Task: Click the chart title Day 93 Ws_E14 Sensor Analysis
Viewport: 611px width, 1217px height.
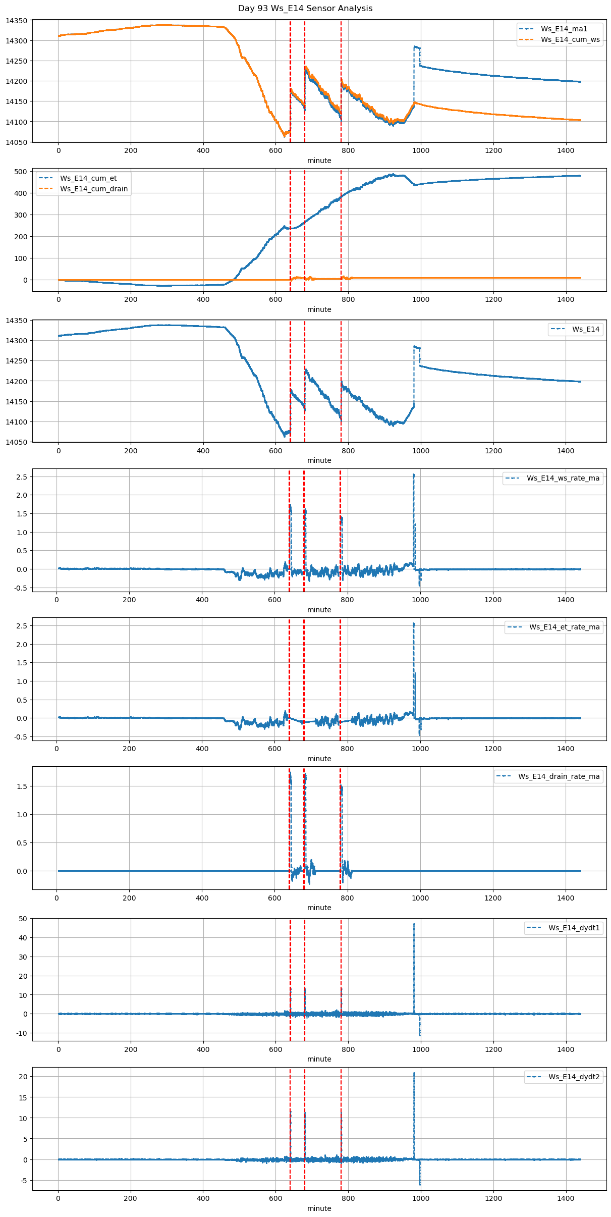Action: [305, 9]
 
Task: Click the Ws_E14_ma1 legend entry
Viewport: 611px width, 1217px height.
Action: [564, 29]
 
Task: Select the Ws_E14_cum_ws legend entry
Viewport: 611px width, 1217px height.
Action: [570, 39]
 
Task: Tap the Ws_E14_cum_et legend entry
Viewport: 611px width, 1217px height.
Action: [88, 178]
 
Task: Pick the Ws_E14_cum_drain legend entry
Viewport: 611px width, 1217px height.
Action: [94, 189]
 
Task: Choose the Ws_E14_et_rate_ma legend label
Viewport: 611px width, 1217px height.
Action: [565, 627]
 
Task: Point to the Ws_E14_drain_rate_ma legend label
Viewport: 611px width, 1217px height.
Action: [559, 776]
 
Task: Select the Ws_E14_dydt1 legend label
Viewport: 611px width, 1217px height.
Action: [574, 928]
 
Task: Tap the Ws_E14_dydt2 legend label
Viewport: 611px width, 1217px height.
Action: [574, 1077]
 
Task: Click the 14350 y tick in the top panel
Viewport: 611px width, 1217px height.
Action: [17, 21]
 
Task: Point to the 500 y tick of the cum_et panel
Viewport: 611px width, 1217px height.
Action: [21, 172]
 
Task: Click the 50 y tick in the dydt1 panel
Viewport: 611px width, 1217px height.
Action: [23, 919]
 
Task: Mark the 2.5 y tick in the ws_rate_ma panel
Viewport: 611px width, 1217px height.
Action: [22, 477]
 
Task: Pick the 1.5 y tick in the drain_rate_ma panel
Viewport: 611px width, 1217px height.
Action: [22, 786]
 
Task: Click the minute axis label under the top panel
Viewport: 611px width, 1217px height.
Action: [319, 161]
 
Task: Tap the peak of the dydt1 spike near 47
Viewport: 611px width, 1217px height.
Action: [414, 924]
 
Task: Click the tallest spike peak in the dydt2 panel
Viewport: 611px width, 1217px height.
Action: [414, 1073]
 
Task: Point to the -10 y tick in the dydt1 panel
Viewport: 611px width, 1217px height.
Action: [22, 1033]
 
